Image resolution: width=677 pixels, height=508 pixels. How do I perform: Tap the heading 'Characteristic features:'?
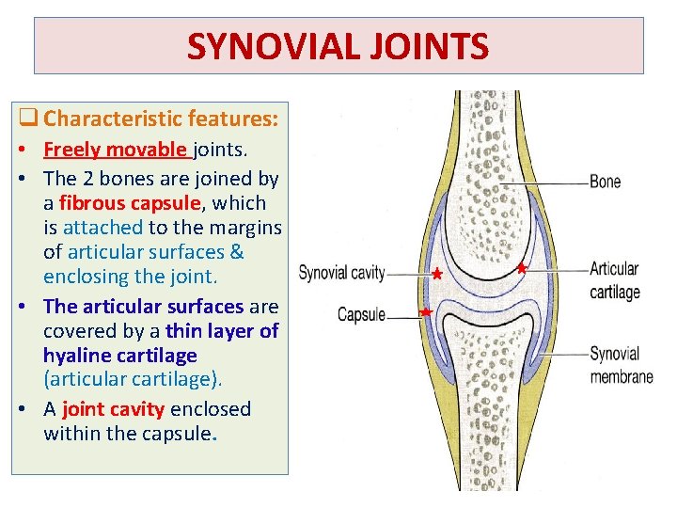point(161,119)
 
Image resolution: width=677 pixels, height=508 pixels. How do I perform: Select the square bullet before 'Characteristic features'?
point(29,119)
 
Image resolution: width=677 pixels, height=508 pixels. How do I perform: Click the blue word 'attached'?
point(102,227)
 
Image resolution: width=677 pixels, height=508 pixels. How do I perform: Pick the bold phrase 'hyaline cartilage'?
point(119,355)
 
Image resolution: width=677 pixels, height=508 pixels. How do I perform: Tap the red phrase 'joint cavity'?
point(114,409)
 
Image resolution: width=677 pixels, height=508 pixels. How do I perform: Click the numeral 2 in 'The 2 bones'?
point(87,178)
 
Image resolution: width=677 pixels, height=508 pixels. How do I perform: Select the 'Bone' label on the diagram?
point(605,181)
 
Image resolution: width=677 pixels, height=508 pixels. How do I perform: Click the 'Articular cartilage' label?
point(615,280)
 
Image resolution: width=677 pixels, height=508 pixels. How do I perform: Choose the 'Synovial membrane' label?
point(621,365)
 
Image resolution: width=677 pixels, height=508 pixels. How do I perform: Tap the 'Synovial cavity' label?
point(341,274)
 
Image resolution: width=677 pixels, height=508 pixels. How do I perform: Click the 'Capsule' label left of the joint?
point(361,315)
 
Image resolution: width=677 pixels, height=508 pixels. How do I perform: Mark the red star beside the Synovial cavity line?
point(436,275)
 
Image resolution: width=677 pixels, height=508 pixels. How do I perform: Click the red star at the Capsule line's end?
point(426,311)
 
